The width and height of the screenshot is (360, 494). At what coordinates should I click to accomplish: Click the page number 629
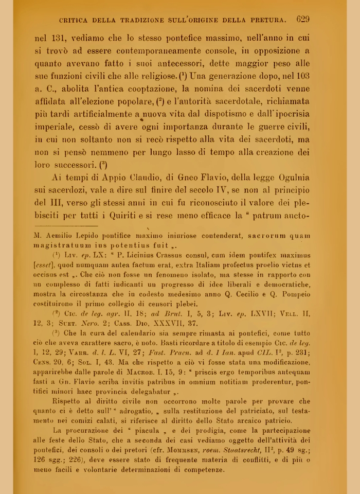(302, 20)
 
